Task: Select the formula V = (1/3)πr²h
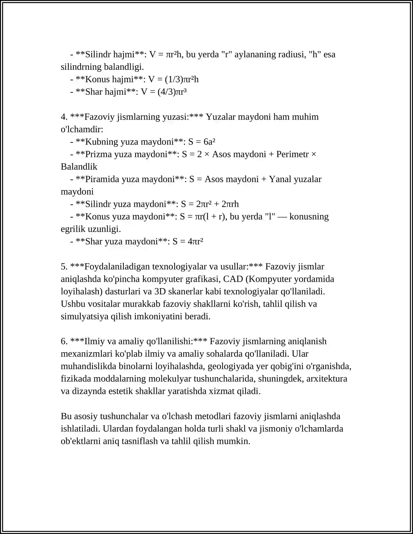pos(173,79)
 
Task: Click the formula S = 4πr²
pos(188,241)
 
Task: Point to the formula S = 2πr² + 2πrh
pos(210,204)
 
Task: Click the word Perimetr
pos(292,154)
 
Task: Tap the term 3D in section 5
pos(160,292)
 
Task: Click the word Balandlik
pos(79,167)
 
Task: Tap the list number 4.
pos(64,117)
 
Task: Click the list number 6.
pos(64,342)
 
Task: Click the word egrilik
pos(73,229)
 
